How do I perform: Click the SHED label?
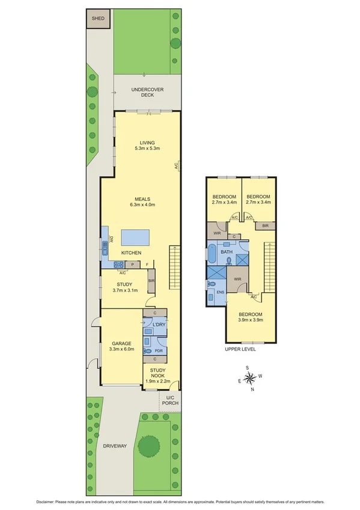coord(98,19)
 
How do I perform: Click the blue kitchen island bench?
coord(134,236)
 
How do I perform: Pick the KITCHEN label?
coord(131,253)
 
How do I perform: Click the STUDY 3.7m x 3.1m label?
coord(124,287)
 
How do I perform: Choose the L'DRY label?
coord(159,325)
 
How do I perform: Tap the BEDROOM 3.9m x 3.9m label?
coord(251,318)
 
